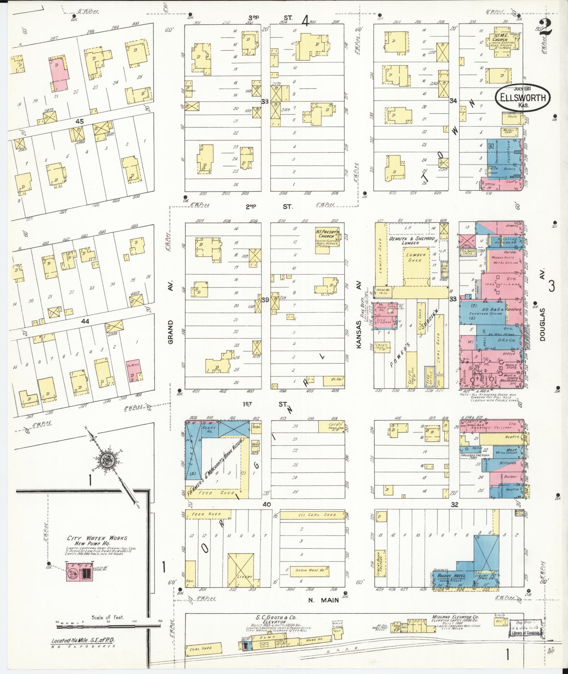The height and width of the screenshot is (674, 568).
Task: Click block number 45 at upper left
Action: (80, 121)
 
